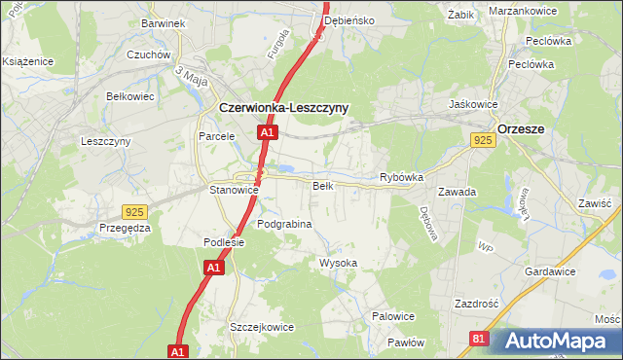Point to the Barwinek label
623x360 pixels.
[x=162, y=22]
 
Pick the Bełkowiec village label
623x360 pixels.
[x=130, y=96]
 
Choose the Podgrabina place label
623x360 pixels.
[x=284, y=224]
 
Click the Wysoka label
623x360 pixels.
[x=339, y=264]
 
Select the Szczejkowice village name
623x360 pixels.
[x=261, y=328]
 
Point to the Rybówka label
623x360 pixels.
[x=401, y=178]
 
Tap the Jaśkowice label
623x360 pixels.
[x=473, y=104]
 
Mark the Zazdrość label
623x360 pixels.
[x=476, y=304]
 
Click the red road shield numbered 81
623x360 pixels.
[x=478, y=338]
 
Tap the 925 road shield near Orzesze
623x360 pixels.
[x=483, y=141]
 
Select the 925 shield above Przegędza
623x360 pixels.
[x=135, y=211]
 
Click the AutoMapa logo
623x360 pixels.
[x=555, y=342]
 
